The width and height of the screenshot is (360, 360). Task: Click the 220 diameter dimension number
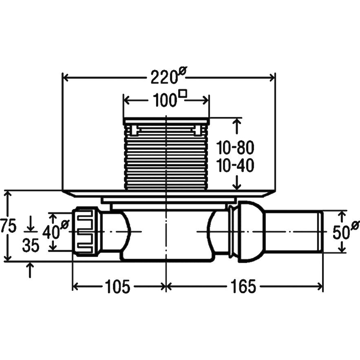tap(164, 77)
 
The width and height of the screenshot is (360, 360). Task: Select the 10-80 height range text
tap(235, 148)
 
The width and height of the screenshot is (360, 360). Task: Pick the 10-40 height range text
tap(235, 165)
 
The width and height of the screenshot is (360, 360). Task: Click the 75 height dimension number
tap(8, 226)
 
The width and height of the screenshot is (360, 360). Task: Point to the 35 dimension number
tap(31, 245)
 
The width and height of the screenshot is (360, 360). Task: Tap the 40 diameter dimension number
tap(51, 232)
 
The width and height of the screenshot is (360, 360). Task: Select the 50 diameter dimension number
tap(341, 232)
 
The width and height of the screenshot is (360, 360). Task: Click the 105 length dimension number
tap(117, 286)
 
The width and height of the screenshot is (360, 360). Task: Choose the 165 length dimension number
tap(243, 286)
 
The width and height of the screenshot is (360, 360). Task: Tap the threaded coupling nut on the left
tap(86, 232)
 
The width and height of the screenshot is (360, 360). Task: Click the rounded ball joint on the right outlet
tap(251, 232)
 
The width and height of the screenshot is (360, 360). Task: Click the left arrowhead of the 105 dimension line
tap(76, 286)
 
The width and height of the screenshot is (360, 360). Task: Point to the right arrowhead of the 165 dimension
tap(320, 286)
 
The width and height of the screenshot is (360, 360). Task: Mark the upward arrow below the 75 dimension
tap(30, 270)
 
